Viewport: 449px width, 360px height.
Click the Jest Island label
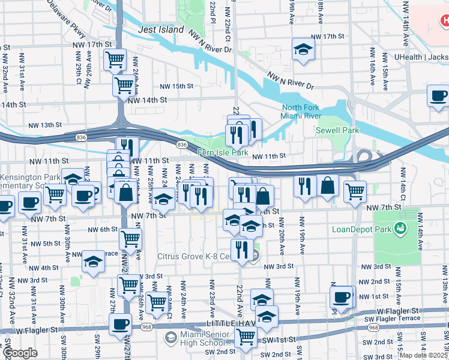pyautogui.click(x=161, y=29)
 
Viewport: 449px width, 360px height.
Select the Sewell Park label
pyautogui.click(x=337, y=130)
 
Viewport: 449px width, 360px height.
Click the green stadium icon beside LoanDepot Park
pyautogui.click(x=397, y=228)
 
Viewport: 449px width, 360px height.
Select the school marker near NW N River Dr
pyautogui.click(x=304, y=50)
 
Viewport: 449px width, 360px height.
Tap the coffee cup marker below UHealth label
pyautogui.click(x=438, y=96)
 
